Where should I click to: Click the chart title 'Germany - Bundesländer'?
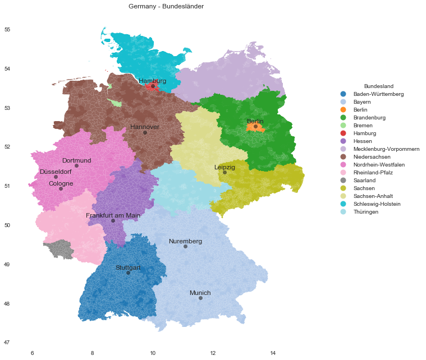(x=166, y=7)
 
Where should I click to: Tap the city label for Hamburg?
(x=153, y=81)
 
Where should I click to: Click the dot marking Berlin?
(x=255, y=126)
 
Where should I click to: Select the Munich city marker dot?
(x=200, y=298)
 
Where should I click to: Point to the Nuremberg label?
(x=185, y=241)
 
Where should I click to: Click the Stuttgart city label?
(x=128, y=267)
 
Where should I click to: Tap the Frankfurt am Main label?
(x=113, y=215)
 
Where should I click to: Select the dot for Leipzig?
(x=225, y=172)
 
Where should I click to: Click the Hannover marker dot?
(x=145, y=132)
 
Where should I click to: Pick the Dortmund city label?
(x=76, y=160)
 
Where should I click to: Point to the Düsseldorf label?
(x=56, y=172)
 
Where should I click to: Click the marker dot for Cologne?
(x=61, y=188)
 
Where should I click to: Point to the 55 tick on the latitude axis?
(x=7, y=30)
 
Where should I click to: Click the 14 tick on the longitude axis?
(x=273, y=353)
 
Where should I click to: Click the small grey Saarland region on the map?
(x=58, y=248)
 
